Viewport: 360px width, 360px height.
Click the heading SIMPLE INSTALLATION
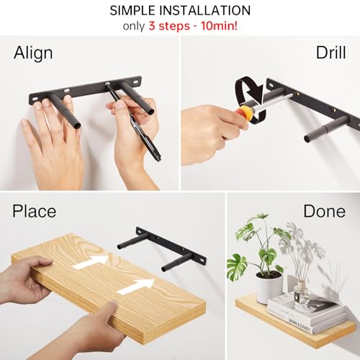[x=180, y=11]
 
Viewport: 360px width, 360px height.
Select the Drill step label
[x=330, y=53]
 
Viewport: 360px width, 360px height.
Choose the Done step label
[x=324, y=212]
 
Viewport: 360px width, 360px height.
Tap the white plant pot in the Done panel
[x=269, y=286]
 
